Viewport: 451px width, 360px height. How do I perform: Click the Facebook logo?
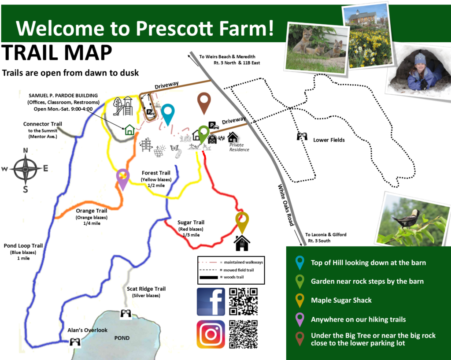pos(211,301)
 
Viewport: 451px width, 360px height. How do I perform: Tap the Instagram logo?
pos(211,334)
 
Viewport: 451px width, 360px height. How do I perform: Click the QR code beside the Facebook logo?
pos(243,301)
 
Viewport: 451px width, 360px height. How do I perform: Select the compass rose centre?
pos(26,169)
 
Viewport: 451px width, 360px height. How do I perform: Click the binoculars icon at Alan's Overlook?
pos(75,341)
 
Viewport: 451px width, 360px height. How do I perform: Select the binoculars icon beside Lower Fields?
pos(302,136)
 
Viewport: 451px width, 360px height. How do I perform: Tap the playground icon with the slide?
pos(123,106)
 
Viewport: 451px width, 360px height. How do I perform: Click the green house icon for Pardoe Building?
pos(130,130)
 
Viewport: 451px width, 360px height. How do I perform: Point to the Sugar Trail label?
pos(191,223)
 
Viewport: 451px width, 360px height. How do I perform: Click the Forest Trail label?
pos(156,173)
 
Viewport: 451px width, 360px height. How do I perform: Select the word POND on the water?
pos(122,338)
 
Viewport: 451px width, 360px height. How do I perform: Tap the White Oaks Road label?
pos(286,205)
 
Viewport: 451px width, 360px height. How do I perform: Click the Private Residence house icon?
pos(233,137)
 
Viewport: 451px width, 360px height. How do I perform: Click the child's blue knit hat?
pos(420,59)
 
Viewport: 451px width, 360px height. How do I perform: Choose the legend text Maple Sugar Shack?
pos(341,301)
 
